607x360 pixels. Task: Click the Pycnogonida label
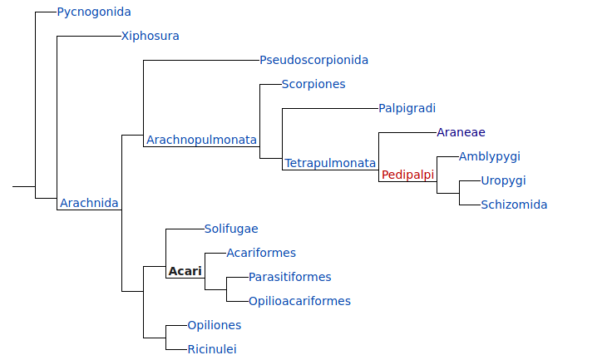tap(94, 12)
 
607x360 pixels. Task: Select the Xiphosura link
tap(151, 37)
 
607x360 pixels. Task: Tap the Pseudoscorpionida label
tap(313, 61)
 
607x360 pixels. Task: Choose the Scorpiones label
tap(313, 85)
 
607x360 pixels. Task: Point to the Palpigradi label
tap(407, 109)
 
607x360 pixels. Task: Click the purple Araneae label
tap(461, 133)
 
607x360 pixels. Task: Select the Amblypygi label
tap(490, 157)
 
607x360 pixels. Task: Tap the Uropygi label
tap(504, 181)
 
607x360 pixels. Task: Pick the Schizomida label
tap(514, 205)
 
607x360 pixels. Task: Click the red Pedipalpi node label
tap(408, 175)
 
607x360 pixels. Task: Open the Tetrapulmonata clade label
tap(330, 164)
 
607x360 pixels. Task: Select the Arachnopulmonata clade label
tap(202, 141)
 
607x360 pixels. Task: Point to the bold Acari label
tap(185, 272)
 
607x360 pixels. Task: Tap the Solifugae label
tap(231, 229)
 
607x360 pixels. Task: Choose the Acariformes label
tap(261, 254)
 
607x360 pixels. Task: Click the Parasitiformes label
tap(290, 278)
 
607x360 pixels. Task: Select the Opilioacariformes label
tap(299, 302)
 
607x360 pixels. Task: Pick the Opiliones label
tap(215, 326)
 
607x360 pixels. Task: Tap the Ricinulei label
tap(212, 350)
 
